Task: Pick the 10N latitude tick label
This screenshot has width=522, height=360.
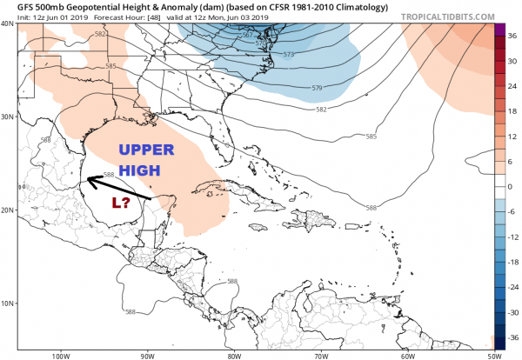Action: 9,303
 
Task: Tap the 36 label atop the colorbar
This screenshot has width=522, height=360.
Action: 513,37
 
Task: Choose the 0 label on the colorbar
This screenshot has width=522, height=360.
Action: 511,187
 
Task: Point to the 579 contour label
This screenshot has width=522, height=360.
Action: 317,90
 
